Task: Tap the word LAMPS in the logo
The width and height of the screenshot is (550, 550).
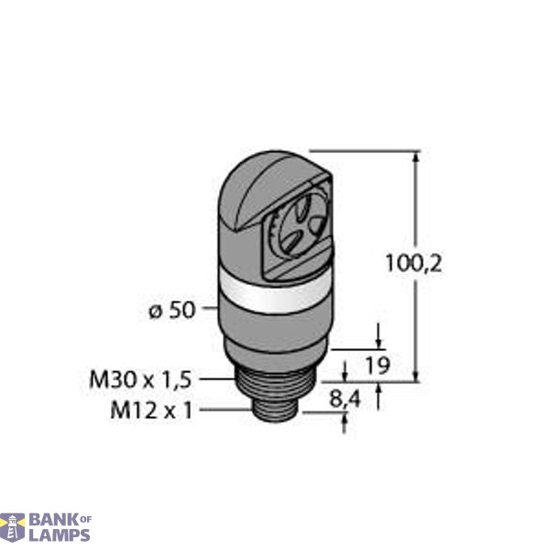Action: [59, 534]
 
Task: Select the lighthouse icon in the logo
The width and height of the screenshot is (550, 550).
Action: [13, 527]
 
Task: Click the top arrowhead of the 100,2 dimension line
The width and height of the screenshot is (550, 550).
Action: [418, 157]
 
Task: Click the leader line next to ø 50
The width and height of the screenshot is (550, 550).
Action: [209, 310]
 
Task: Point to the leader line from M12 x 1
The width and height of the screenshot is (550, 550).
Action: [225, 412]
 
